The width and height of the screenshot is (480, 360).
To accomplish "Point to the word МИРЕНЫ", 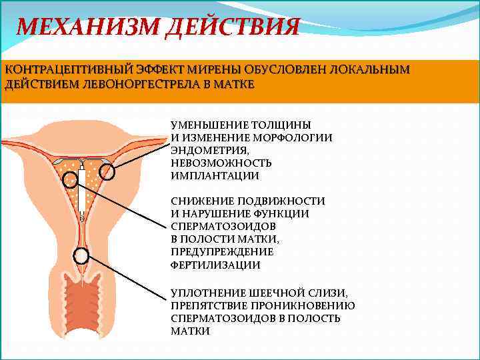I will coord(225,69).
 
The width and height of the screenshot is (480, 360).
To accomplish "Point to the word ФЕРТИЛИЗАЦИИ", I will coord(215,265).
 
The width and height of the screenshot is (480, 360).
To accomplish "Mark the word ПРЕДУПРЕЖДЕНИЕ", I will coord(222,252).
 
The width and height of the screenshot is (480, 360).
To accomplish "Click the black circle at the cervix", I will coord(81,255).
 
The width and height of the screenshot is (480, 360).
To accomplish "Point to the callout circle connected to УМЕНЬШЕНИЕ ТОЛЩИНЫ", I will coord(107,172).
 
